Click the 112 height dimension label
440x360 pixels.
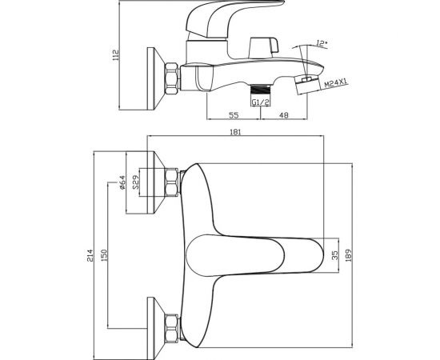coord(116,55)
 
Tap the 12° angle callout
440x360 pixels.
coord(322,43)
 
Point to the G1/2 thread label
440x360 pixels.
coord(260,102)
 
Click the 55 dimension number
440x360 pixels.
coord(234,115)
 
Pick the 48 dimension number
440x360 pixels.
coord(284,115)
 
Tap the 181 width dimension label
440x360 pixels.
coord(235,132)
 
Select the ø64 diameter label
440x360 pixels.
coord(122,182)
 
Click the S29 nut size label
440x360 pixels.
coord(136,182)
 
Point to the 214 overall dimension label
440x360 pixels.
coord(90,255)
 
